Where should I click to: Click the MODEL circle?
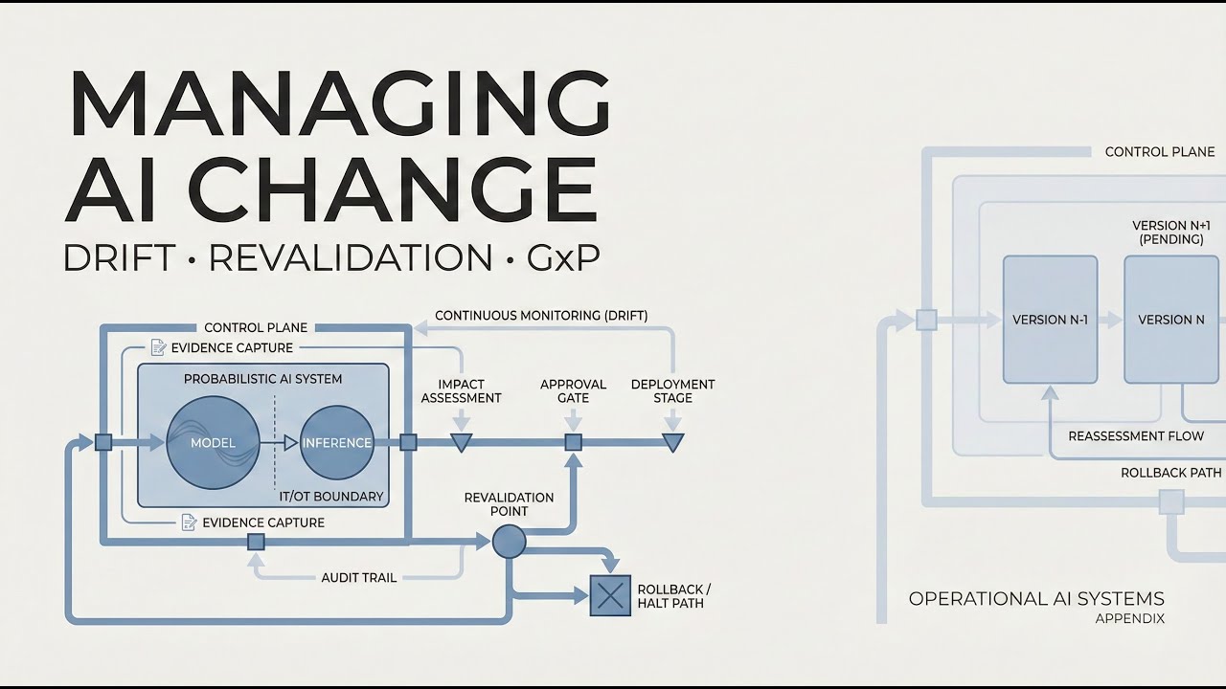coord(214,442)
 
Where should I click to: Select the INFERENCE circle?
coord(336,442)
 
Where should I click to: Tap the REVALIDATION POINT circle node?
coord(509,542)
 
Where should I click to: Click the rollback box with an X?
coord(609,595)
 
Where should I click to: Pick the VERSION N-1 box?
coord(1050,320)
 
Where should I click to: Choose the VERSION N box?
coord(1171,320)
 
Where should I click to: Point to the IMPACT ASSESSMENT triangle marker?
coord(461,442)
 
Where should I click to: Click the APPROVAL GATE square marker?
coord(573,442)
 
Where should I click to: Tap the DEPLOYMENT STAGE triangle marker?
coord(673,442)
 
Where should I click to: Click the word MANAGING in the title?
coord(338,103)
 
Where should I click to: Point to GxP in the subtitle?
coord(563,257)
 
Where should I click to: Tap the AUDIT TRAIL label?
coord(358,577)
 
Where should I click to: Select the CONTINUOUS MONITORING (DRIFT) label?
coord(541,315)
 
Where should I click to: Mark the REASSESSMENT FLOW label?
coord(1136,436)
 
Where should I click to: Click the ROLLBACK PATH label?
coord(1170,473)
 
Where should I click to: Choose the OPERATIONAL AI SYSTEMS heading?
coord(1036,599)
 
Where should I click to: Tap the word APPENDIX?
coord(1130,619)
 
